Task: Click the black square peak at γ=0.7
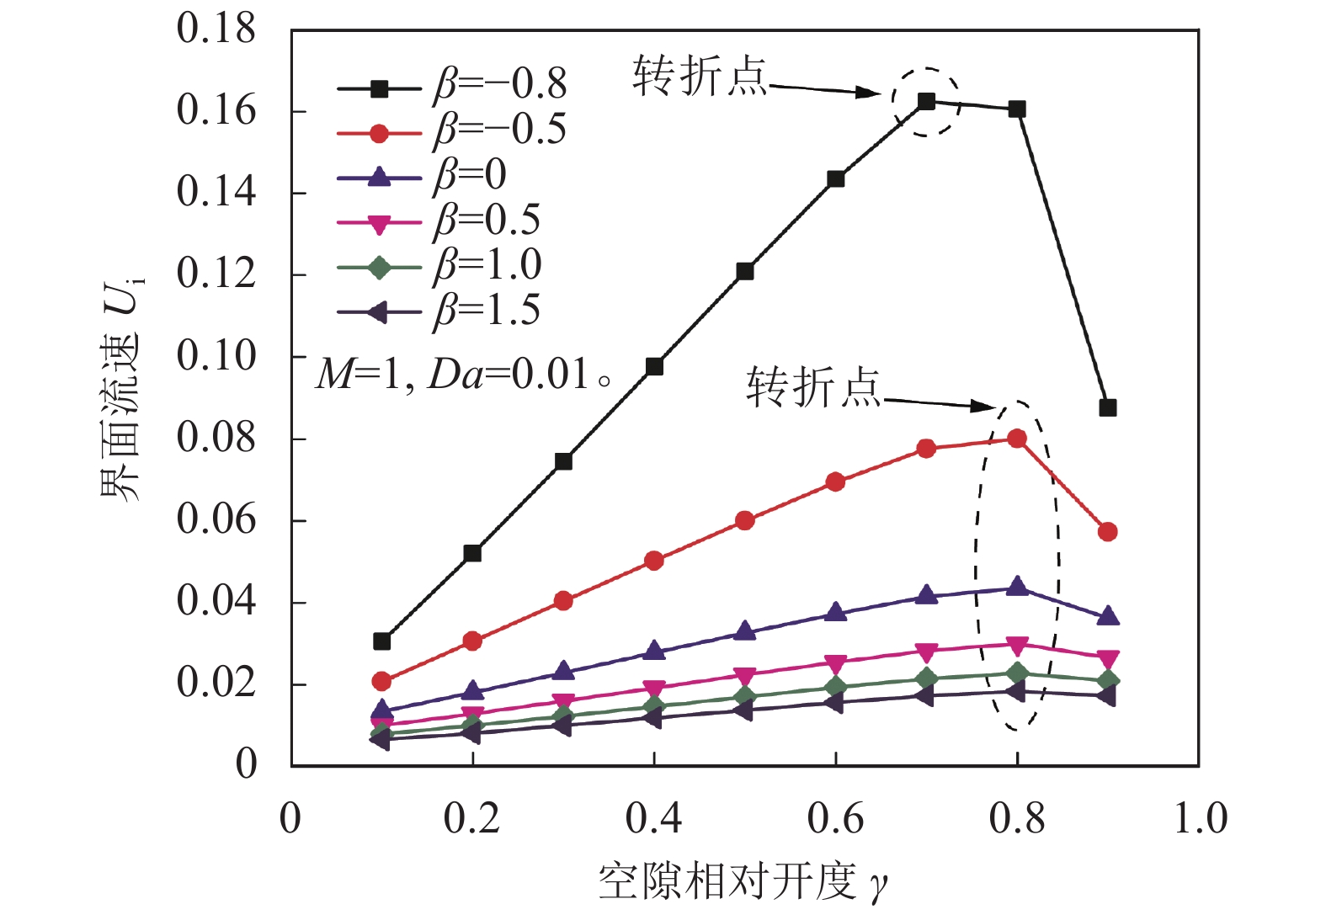(926, 102)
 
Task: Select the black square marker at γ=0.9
(1108, 408)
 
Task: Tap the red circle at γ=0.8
(1017, 439)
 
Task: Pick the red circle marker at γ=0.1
(381, 681)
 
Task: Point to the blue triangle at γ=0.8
(1017, 586)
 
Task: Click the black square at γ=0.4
(654, 367)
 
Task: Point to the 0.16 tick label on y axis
(216, 110)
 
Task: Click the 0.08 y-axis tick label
(216, 438)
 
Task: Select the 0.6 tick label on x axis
(835, 818)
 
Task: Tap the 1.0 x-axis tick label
(1201, 818)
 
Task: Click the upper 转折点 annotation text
(700, 77)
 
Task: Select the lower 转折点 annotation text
(812, 388)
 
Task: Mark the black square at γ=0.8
(1017, 109)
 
